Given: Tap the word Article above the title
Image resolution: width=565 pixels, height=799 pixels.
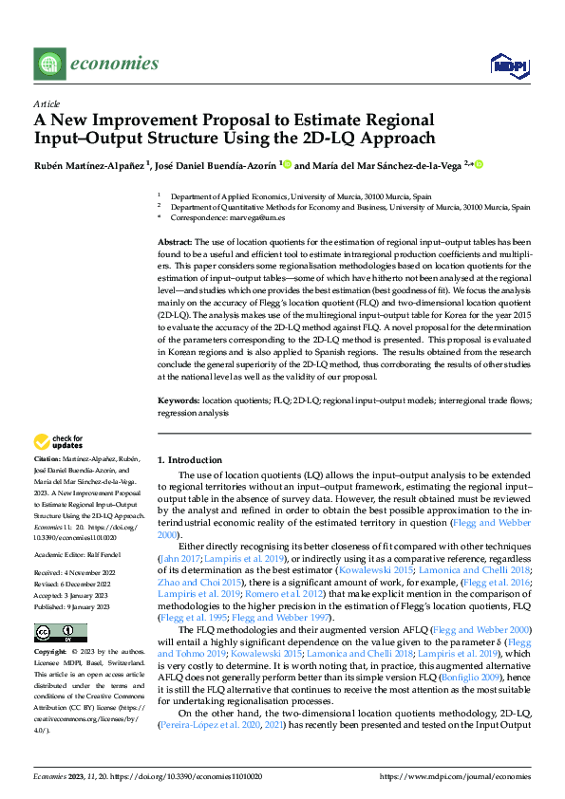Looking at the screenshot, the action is pyautogui.click(x=47, y=103).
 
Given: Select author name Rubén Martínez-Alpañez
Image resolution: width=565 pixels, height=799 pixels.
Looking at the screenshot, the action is pyautogui.click(x=85, y=165).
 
